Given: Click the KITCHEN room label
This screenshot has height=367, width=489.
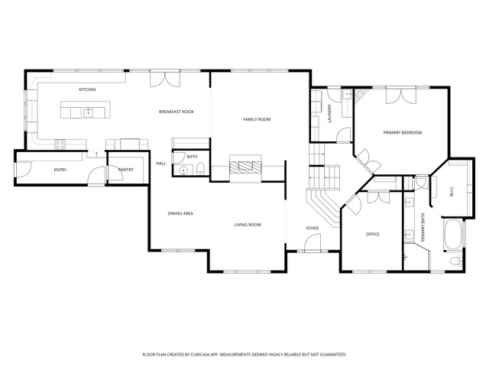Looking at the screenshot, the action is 87,89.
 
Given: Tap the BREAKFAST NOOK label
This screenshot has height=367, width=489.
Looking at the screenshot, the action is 176,112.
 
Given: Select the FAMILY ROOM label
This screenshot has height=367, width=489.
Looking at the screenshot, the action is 257,119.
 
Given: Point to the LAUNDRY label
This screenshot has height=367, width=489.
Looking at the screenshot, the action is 330,113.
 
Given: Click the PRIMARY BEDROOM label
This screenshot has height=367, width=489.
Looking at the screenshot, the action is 403,132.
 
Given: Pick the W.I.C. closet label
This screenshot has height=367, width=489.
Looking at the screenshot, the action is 452,191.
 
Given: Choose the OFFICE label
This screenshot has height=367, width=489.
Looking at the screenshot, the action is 372,234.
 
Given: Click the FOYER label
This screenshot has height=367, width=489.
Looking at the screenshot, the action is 313,228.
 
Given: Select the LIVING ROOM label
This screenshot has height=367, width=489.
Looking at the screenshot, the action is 248,225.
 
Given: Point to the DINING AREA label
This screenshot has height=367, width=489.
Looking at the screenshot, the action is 180,213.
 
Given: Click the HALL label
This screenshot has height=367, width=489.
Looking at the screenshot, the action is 161,164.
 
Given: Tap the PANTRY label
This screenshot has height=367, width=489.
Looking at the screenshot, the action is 125,170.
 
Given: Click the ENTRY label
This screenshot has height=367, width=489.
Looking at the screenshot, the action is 60,170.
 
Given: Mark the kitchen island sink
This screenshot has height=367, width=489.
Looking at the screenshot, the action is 89,112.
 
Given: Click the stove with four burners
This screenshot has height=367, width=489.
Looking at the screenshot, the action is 60,144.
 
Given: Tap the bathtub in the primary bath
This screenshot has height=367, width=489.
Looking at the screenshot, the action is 453,235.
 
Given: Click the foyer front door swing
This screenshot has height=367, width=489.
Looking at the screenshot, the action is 313,242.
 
